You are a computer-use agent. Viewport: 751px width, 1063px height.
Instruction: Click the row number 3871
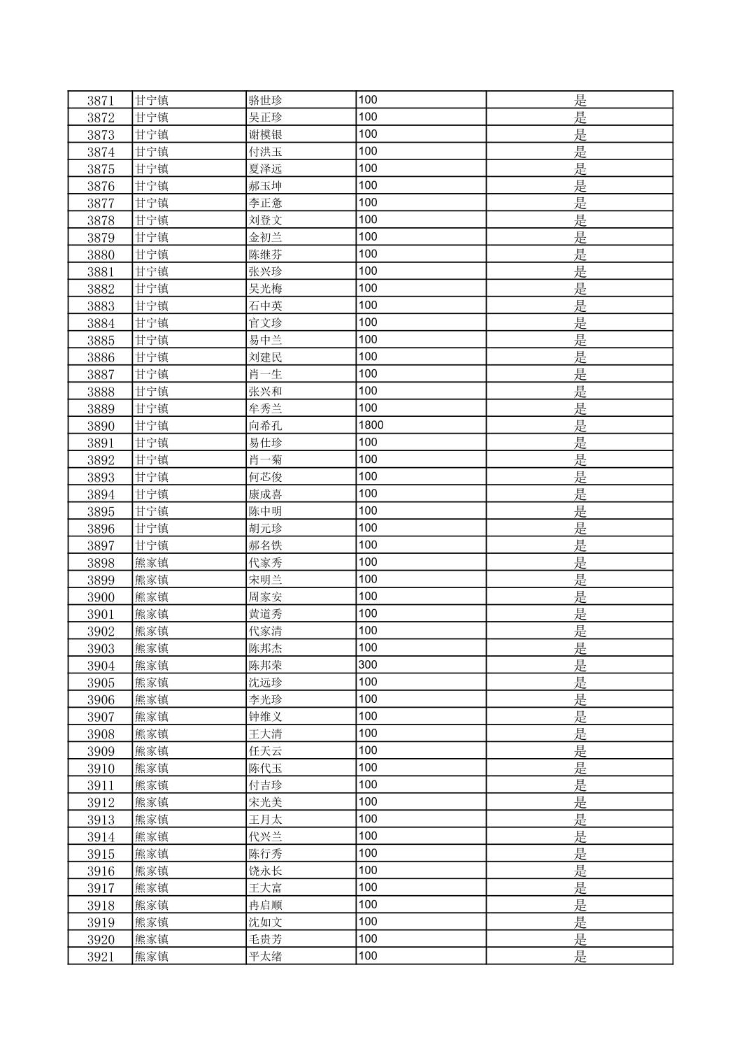101,100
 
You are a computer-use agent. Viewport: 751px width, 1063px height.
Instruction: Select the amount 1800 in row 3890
371,425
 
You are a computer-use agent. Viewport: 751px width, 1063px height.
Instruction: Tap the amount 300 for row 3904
368,665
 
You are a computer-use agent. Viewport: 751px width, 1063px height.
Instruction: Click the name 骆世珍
266,100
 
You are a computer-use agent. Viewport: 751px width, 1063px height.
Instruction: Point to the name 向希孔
266,425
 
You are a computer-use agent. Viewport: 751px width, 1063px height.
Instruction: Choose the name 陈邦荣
266,665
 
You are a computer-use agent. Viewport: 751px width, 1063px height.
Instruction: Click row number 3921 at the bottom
101,957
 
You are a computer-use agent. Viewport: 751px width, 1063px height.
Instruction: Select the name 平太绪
266,957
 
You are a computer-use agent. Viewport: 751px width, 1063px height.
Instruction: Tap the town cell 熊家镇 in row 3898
152,562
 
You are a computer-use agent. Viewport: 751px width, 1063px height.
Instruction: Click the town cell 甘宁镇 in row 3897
152,545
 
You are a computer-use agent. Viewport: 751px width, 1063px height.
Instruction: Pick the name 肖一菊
266,459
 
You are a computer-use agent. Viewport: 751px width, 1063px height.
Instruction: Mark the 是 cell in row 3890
580,425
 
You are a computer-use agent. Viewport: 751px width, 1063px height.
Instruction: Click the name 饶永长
266,871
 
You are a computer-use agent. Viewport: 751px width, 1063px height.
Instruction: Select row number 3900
101,597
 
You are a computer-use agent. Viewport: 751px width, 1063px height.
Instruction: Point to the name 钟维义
266,717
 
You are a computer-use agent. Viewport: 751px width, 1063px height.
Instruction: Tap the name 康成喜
266,494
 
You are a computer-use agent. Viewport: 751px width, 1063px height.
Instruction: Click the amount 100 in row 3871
368,100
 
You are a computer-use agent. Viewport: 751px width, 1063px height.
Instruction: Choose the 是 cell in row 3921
580,957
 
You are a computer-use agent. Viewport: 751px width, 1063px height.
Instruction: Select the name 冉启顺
266,905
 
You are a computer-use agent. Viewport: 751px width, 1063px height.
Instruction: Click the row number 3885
101,340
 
